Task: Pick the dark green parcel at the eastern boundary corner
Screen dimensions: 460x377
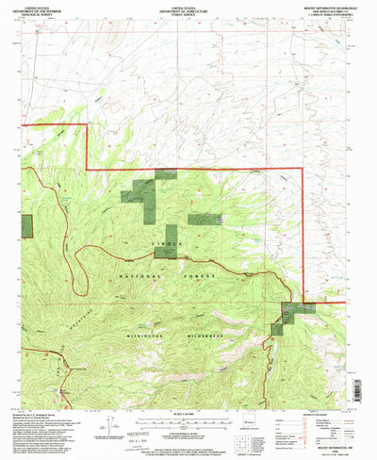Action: coord(291,316)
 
